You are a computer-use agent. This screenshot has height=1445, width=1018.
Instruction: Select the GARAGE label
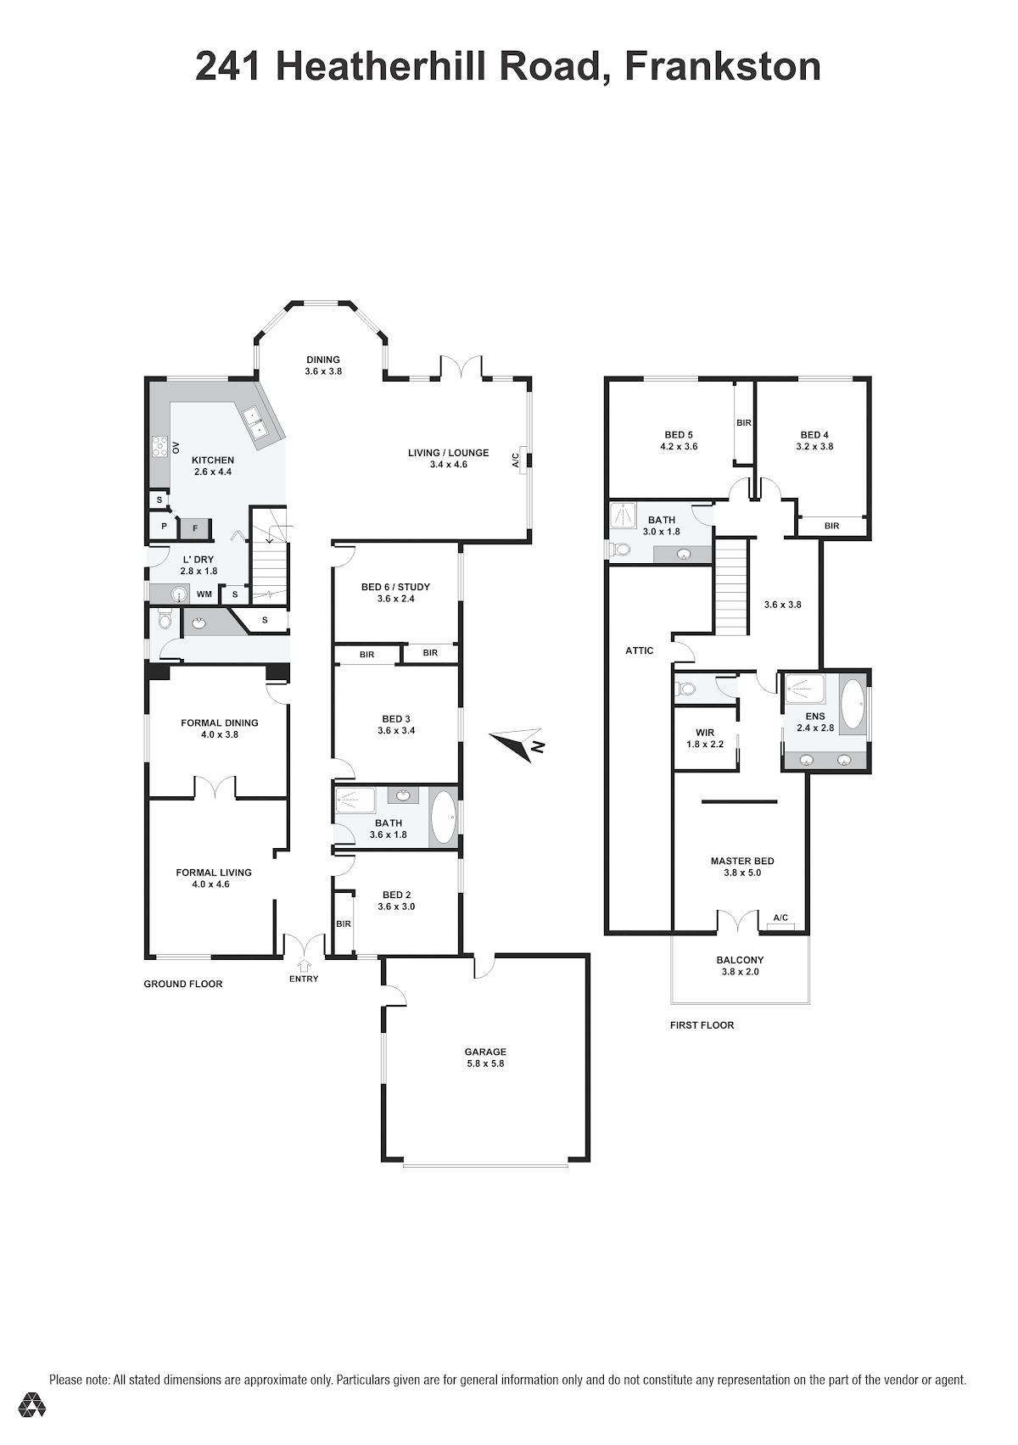[x=485, y=1052]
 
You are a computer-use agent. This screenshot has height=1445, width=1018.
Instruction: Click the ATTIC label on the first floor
[x=639, y=651]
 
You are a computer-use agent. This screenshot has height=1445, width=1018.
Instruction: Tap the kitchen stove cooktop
[x=159, y=446]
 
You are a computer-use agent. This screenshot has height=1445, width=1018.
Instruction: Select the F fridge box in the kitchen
[x=195, y=528]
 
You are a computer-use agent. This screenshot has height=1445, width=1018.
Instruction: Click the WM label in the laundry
[x=204, y=594]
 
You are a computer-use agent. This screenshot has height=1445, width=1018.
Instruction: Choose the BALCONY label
[x=740, y=960]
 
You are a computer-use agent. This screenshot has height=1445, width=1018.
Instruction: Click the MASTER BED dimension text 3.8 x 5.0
[x=741, y=873]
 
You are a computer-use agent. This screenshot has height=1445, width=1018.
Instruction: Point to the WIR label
[x=704, y=733]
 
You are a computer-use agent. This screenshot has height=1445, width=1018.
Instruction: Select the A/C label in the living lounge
[x=515, y=460]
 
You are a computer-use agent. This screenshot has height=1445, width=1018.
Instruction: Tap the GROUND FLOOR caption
[x=182, y=984]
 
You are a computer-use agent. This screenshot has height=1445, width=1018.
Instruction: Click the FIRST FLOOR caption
[x=702, y=1025]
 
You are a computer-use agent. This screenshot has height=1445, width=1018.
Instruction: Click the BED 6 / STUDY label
[x=395, y=587]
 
